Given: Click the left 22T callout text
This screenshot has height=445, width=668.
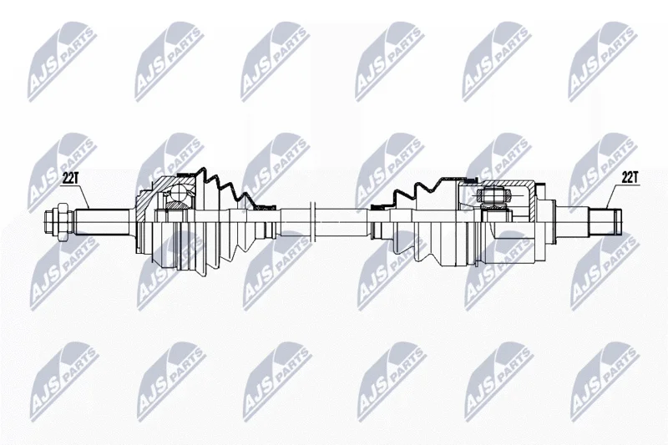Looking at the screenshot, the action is (70, 179).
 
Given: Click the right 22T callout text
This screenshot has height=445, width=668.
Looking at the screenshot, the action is (630, 177).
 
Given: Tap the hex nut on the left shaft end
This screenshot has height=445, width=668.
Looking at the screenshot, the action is (61, 222).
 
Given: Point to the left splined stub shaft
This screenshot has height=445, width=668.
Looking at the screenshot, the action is (103, 222).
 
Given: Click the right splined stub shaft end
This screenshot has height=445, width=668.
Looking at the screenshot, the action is (605, 221).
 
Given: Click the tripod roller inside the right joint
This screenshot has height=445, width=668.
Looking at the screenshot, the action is (494, 197).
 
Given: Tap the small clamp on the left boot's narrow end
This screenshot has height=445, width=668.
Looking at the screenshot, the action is (267, 207).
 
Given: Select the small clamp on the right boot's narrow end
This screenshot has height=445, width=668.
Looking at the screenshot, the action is (378, 207).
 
